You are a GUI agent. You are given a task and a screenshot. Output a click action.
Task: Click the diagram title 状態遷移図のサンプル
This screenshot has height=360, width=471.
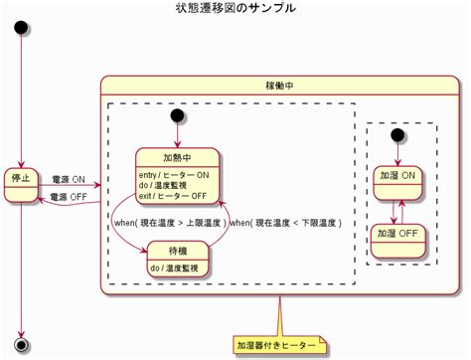pos(235,8)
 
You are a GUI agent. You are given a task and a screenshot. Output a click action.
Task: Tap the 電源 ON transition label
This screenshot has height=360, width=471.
pos(69,179)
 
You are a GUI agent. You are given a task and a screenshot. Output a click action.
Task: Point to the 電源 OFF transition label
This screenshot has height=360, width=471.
pos(69,197)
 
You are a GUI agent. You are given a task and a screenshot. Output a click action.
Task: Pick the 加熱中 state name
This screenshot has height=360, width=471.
pos(177,158)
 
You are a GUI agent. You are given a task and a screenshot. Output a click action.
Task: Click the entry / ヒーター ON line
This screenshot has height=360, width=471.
pos(174,175)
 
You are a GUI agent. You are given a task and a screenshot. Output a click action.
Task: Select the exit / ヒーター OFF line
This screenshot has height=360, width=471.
pos(174,195)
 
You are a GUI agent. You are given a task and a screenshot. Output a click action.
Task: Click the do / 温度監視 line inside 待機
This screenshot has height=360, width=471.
pos(175,269)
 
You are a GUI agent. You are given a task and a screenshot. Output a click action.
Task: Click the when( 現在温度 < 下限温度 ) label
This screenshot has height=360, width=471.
pos(285,224)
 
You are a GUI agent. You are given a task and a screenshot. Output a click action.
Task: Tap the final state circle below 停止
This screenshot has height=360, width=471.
pos(21,344)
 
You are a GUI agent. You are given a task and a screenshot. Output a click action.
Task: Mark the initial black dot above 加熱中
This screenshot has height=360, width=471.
pos(178,116)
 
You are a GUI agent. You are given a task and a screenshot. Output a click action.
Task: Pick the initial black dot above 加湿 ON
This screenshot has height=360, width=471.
pos(399,134)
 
